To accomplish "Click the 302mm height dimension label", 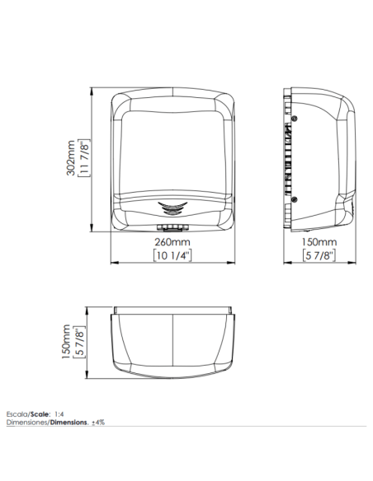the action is coord(71,157).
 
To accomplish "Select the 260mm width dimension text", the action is coord(172,242).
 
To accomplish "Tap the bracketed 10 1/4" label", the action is coord(172,255).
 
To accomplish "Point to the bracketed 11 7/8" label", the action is coord(84,157).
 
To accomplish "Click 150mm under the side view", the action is coord(319,242).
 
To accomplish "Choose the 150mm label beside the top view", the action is coord(66,342).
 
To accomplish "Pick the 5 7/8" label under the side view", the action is coord(319,255).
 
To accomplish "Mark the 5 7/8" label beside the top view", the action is coord(79,342).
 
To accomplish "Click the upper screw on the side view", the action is coord(295,119).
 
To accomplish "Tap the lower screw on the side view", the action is coord(294,199).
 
